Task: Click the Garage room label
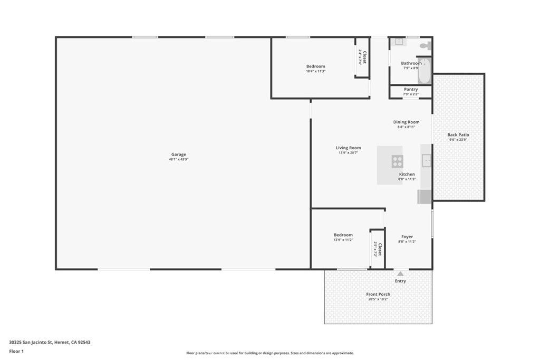click(178, 154)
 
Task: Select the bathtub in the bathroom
click(424, 71)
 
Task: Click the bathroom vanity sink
click(399, 41)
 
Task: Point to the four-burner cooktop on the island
click(397, 161)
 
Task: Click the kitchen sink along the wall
click(426, 160)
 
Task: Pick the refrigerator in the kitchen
click(425, 196)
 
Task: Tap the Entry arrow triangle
click(400, 274)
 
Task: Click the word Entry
click(400, 281)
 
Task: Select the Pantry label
click(411, 90)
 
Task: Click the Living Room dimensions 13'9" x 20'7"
click(348, 153)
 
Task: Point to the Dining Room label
click(406, 122)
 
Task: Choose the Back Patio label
click(458, 135)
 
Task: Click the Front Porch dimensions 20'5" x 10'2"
click(378, 299)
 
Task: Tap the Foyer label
click(407, 237)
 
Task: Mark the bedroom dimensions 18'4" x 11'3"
click(315, 71)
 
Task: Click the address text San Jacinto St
click(50, 342)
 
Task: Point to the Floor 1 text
click(17, 351)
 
